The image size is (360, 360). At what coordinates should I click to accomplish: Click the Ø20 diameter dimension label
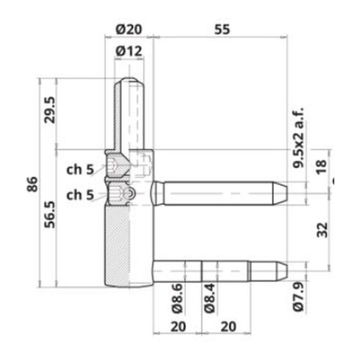point(129,29)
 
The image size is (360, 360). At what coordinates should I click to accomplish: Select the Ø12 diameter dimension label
point(129,51)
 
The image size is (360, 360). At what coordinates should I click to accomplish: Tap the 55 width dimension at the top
point(223,29)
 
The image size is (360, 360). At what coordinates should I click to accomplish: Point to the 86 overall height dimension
point(33,184)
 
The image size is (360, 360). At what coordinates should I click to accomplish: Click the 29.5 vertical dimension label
point(50,109)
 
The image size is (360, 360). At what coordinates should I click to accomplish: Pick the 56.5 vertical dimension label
point(50,215)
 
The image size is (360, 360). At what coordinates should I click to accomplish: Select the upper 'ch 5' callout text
point(80,170)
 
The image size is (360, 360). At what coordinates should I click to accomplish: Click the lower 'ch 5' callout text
point(80,195)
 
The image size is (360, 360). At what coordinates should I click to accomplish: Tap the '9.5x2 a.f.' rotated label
point(298,137)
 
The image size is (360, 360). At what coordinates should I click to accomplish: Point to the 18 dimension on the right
point(322,167)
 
